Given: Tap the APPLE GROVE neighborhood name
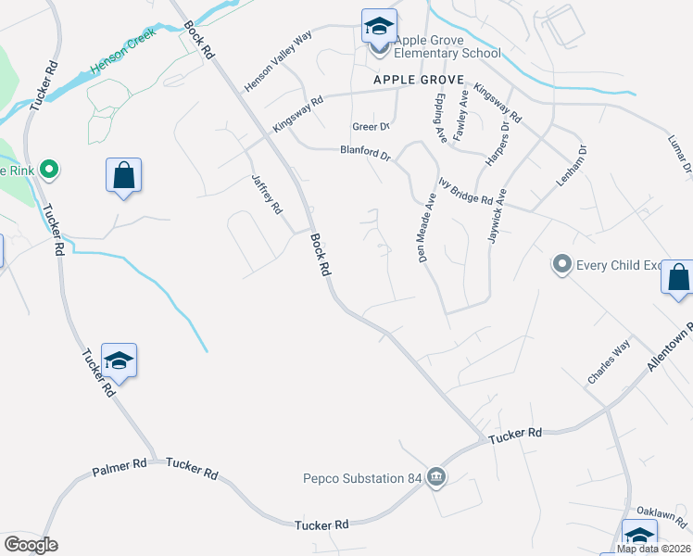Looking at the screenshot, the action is pos(418,81).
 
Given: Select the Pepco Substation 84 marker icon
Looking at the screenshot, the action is pos(436,478).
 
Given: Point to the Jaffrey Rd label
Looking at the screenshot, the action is pos(266,195).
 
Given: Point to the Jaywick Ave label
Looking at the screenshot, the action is pos(498,217).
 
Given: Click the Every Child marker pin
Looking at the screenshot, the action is pos(561,265).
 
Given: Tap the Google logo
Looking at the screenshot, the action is pos(31,545).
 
